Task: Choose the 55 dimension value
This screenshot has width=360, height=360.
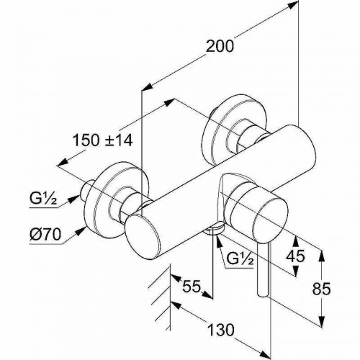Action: pos(190,287)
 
